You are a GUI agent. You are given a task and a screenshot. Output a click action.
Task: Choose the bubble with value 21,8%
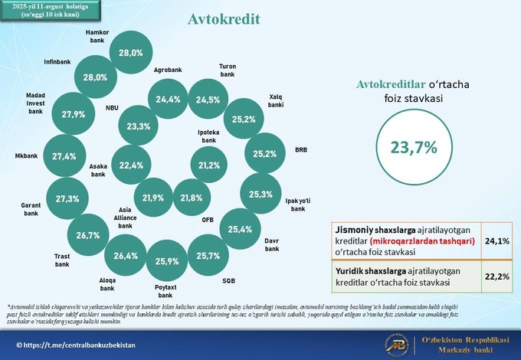pos(192,198)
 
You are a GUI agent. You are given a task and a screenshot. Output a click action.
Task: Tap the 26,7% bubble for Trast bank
pos(88,235)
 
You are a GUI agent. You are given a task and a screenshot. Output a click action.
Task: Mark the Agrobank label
pos(166,70)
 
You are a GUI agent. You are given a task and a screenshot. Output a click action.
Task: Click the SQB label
pos(228,280)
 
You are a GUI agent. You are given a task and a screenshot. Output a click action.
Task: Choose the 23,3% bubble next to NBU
pos(139,126)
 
